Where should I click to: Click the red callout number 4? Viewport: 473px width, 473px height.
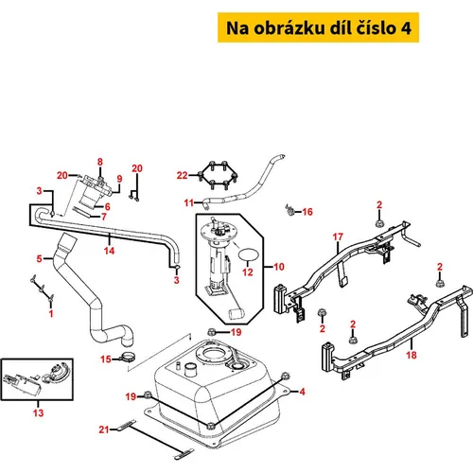click(x=302, y=392)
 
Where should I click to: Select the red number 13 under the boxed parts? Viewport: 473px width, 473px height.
click(x=38, y=412)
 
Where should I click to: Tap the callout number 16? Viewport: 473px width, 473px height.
click(x=307, y=212)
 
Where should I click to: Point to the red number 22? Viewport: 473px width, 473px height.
click(x=183, y=175)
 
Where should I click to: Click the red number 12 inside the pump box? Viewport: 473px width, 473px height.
click(x=248, y=272)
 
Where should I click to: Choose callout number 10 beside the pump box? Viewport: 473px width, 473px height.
click(x=279, y=267)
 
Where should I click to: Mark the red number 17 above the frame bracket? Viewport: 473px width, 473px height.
click(x=338, y=236)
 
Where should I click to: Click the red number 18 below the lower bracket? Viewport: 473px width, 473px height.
click(x=412, y=355)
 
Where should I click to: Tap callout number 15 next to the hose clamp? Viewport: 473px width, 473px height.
click(x=106, y=359)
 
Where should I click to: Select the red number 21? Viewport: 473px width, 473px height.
click(x=104, y=429)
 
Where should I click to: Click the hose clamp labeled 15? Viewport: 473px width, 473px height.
click(x=129, y=358)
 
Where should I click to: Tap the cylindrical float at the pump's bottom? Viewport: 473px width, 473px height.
click(x=236, y=313)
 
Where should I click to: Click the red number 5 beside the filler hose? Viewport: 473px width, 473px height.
click(x=39, y=259)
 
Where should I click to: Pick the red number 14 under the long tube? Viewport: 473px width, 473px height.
click(x=109, y=251)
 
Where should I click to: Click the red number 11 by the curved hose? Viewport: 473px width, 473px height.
click(x=189, y=202)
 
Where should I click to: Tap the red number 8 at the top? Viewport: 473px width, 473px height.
click(x=100, y=162)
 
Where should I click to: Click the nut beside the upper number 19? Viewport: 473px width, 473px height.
click(x=212, y=332)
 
